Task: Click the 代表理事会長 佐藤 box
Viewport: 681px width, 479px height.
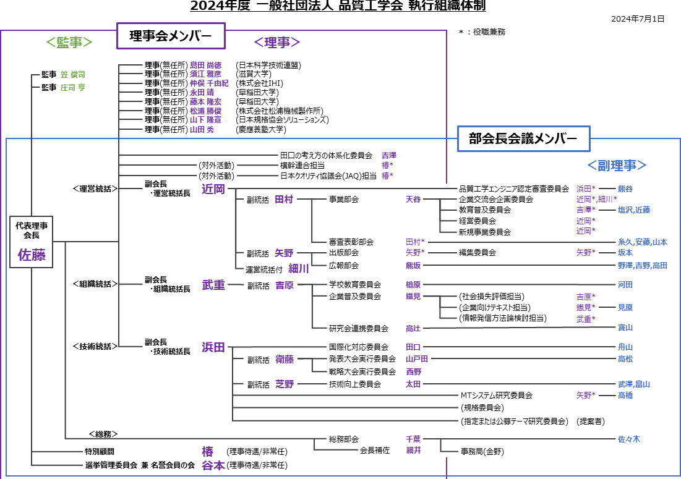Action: pos(32,242)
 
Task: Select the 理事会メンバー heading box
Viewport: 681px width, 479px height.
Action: pos(171,36)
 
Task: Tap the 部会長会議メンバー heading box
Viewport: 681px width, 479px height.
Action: pos(523,138)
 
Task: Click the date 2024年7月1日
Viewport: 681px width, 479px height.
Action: pos(638,19)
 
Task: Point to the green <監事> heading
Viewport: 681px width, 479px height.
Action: pos(69,42)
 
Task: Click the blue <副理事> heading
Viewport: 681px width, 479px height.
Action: pos(617,165)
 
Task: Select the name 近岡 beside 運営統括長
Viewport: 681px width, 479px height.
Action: pos(213,189)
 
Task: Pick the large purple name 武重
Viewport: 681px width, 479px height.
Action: pos(213,285)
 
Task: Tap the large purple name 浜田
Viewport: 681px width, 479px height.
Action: pos(213,347)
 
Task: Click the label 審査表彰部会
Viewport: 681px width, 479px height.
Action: pos(351,242)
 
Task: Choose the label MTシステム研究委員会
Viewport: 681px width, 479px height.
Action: pos(497,396)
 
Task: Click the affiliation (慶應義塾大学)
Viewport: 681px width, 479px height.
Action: pos(261,129)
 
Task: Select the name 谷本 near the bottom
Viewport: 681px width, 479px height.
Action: pos(213,465)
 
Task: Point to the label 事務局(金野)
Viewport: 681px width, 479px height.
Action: pos(482,452)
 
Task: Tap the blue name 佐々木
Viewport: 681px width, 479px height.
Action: pos(629,439)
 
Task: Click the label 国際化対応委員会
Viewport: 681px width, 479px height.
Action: pos(359,347)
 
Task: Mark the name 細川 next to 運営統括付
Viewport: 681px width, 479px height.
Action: pos(299,269)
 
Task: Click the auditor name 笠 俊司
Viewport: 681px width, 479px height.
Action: pos(73,75)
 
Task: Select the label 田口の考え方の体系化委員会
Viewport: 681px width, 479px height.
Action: pos(326,155)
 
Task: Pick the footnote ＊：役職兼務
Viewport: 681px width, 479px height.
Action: pos(482,32)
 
